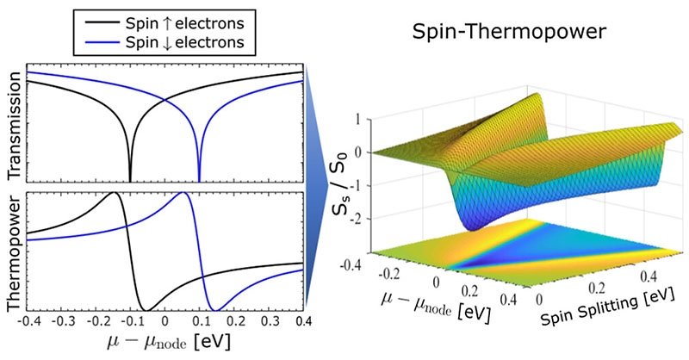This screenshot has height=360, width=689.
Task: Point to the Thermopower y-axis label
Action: (x=13, y=258)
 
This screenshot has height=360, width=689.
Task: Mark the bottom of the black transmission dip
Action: (x=130, y=180)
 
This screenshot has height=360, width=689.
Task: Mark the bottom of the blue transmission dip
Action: (x=199, y=180)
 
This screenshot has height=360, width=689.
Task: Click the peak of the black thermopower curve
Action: (x=114, y=194)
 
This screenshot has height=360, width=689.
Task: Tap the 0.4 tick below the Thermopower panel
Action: (x=302, y=322)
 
